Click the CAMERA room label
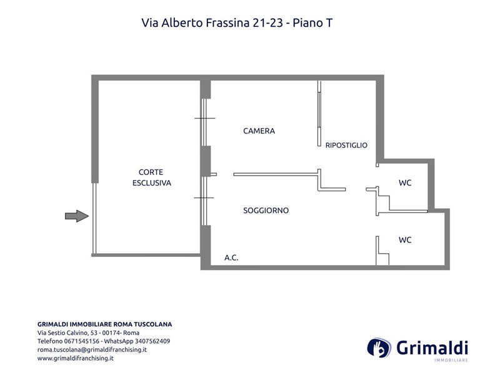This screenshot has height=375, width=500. (x=259, y=131)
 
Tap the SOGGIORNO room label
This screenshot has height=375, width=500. (x=266, y=211)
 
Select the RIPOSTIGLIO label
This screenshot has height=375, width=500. (x=346, y=145)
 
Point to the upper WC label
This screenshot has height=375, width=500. (x=405, y=182)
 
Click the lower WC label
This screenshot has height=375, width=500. (x=405, y=240)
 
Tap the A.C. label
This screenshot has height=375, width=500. (x=231, y=257)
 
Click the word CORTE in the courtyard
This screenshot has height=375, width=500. (x=151, y=172)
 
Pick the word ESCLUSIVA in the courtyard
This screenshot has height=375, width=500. (x=152, y=183)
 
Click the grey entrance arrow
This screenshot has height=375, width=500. (x=77, y=216)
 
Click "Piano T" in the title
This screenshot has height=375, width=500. (x=312, y=22)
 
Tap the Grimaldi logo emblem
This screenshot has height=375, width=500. (x=379, y=347)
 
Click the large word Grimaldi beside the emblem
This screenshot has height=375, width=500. (x=432, y=347)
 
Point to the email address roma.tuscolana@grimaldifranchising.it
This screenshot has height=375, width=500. (x=92, y=349)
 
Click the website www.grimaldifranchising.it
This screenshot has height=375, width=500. (x=76, y=358)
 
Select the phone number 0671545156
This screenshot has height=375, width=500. (x=82, y=341)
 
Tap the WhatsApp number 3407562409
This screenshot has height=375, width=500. (x=152, y=341)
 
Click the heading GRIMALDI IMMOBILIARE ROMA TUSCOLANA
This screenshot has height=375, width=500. (x=104, y=324)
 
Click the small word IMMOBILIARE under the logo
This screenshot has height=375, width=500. (x=451, y=361)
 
